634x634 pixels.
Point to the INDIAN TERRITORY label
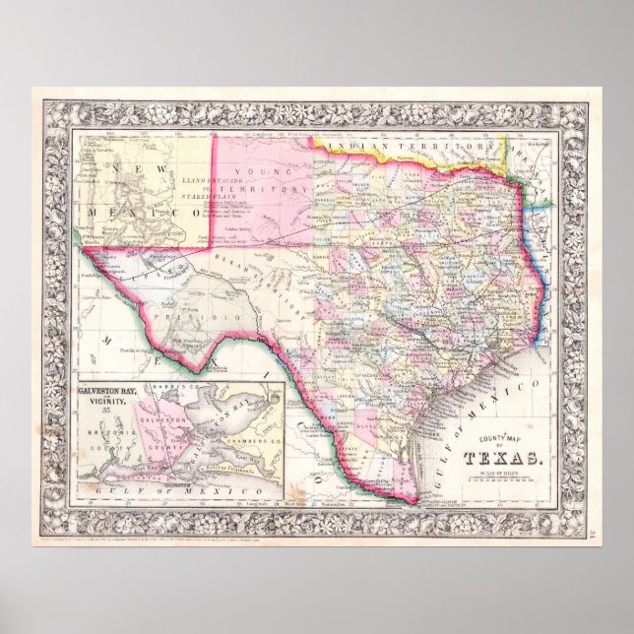click(413, 145)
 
